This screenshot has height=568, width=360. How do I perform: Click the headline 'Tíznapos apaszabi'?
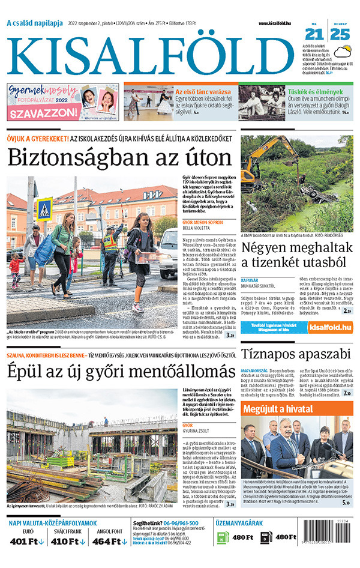coord(295,353)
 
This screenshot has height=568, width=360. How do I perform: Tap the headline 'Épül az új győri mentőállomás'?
coord(120,370)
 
